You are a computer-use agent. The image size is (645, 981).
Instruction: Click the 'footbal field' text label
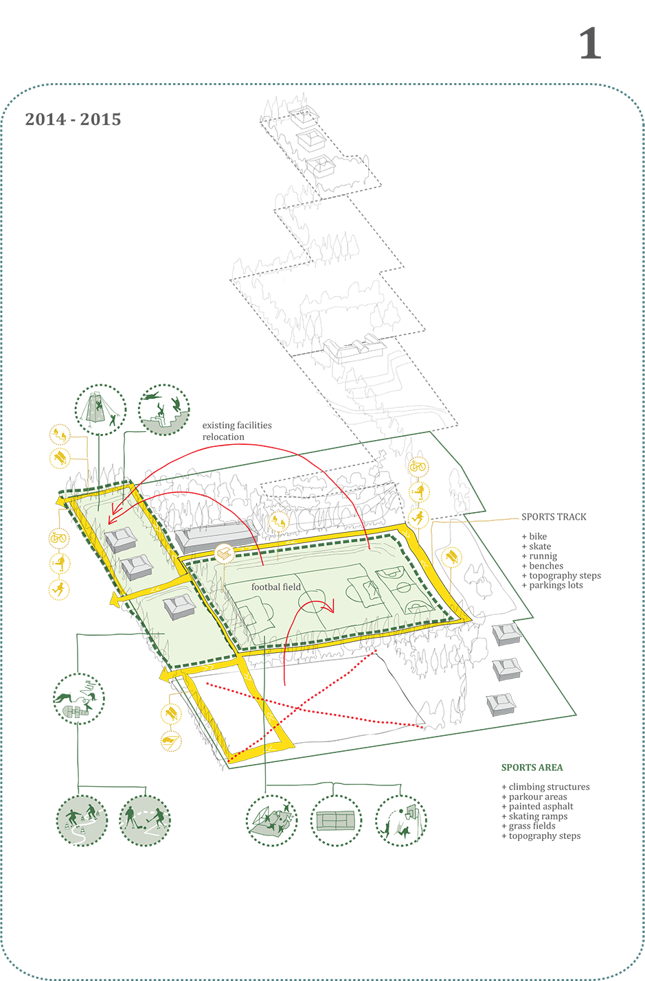[276, 587]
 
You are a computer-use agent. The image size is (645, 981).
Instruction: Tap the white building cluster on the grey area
[354, 347]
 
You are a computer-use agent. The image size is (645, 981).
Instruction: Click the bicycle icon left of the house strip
[59, 539]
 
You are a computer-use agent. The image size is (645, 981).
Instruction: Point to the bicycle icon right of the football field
[418, 468]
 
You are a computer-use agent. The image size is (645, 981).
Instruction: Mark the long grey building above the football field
[216, 536]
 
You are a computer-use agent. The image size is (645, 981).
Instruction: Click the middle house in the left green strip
[136, 567]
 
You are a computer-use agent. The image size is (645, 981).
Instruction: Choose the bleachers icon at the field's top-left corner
[225, 553]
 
